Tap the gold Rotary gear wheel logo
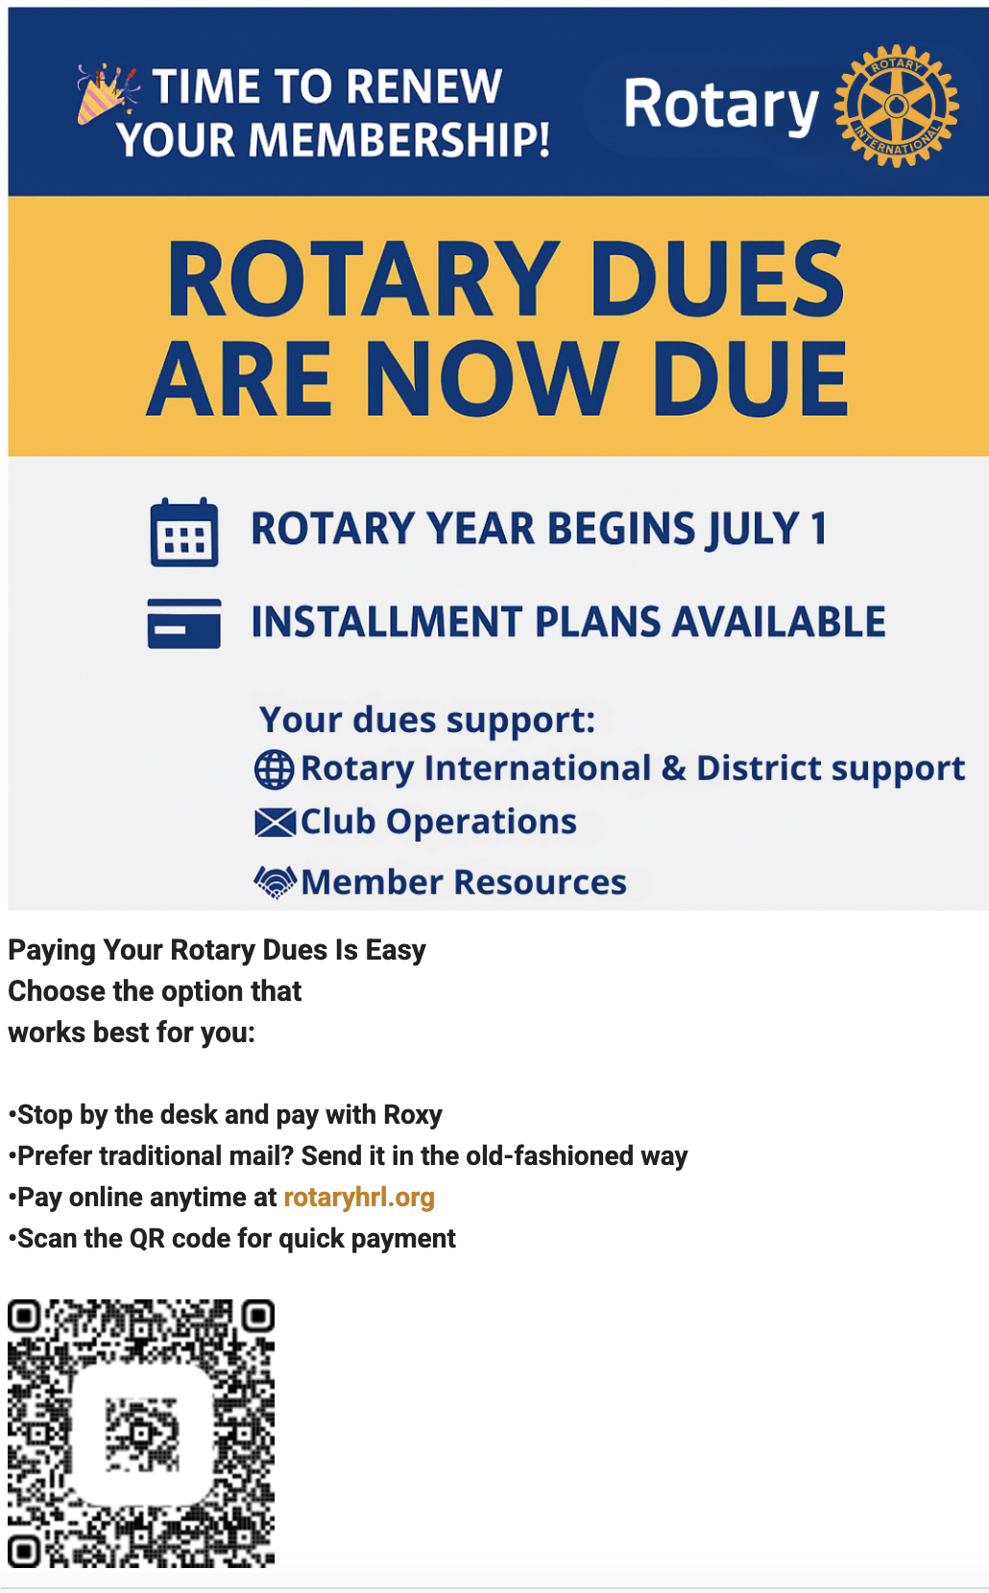[896, 106]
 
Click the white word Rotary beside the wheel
[721, 106]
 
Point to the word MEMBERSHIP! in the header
[399, 139]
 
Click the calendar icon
[184, 532]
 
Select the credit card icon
[184, 623]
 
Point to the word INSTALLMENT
[387, 622]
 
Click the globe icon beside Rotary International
[274, 770]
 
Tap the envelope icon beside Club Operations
[275, 822]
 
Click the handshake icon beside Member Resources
[275, 883]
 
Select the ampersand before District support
[673, 768]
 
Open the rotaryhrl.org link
[359, 1197]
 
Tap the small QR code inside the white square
[142, 1433]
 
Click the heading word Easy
[396, 950]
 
